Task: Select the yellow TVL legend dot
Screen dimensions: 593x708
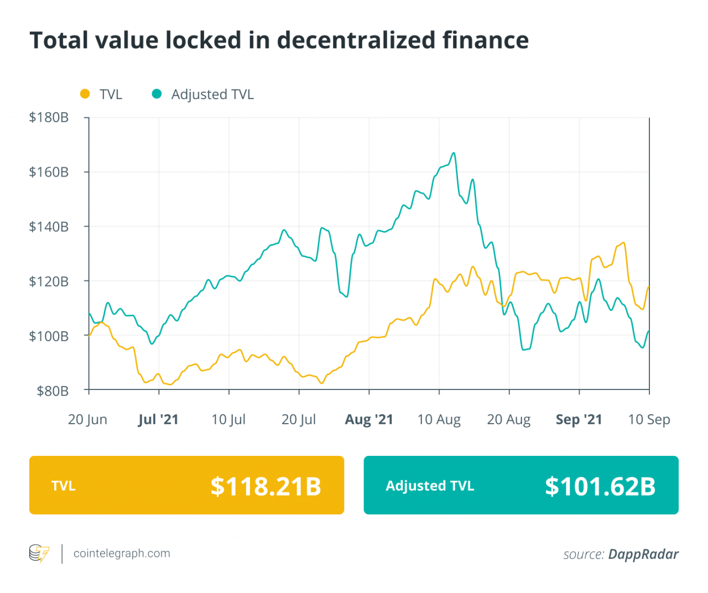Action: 85,94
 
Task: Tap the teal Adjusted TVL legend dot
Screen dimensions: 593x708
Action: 157,94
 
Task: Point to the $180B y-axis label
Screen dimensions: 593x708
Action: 49,117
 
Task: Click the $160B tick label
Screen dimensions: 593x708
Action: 49,172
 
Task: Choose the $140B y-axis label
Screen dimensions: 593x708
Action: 49,226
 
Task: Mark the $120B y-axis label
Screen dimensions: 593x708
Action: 49,281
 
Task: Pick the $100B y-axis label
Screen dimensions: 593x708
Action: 49,336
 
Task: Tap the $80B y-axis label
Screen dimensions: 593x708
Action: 53,391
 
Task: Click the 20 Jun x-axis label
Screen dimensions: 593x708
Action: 87,419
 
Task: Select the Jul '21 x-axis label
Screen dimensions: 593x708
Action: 158,419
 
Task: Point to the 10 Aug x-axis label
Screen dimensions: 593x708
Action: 439,419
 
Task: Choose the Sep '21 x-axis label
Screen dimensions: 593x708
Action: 579,419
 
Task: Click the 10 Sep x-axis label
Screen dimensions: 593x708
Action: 649,419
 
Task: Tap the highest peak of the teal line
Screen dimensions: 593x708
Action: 454,153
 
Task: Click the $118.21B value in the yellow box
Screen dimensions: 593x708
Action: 265,486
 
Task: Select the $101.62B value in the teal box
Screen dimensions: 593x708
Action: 600,486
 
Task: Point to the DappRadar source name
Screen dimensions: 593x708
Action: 643,554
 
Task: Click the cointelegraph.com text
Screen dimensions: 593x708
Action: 122,553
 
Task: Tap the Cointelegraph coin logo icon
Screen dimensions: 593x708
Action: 39,553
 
